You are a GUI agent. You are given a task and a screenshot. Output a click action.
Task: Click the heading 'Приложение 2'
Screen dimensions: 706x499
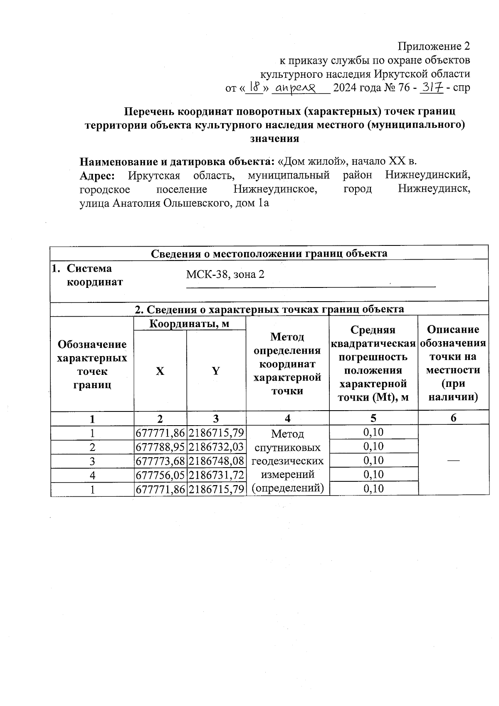(x=434, y=46)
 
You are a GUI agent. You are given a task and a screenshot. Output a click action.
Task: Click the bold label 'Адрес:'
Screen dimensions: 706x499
(x=97, y=176)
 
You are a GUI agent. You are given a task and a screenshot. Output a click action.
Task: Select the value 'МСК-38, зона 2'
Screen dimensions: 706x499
(x=225, y=275)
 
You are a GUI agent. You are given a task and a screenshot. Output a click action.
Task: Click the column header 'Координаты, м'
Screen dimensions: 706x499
(x=189, y=324)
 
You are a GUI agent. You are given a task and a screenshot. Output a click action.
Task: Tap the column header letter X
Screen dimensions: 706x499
(x=160, y=371)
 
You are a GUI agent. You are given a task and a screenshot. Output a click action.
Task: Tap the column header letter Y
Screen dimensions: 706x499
(x=216, y=371)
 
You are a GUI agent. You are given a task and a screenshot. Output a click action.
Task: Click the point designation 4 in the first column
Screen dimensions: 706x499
(x=92, y=475)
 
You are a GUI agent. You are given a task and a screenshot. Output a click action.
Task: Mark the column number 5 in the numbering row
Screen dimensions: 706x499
(x=373, y=418)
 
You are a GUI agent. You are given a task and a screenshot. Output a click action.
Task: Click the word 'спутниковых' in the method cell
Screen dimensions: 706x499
(x=287, y=448)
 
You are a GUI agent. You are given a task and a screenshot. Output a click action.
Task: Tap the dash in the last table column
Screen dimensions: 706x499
(x=453, y=460)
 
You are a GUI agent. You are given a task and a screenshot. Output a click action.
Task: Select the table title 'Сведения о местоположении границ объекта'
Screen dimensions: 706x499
(x=269, y=253)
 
